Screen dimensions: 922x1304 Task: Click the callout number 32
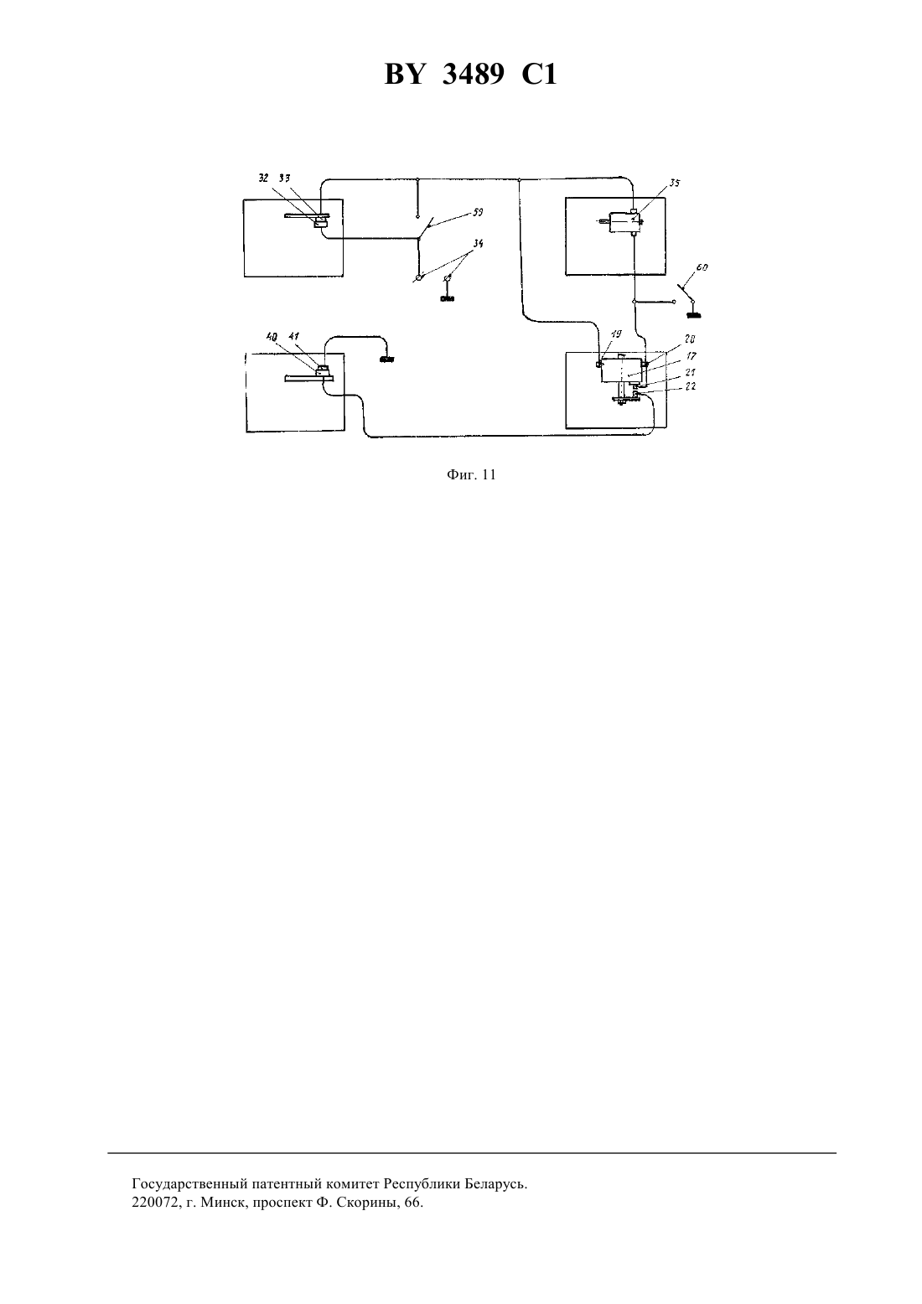tap(264, 179)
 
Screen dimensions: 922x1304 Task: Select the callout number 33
tap(285, 179)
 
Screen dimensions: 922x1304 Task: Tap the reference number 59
tap(478, 213)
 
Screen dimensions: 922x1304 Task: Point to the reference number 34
tap(478, 243)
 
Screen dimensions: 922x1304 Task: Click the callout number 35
tap(675, 183)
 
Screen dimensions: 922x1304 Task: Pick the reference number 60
tap(702, 267)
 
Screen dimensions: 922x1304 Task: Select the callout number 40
tap(272, 336)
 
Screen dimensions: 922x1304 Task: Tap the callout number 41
tap(294, 336)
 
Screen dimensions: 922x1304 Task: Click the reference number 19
tap(616, 334)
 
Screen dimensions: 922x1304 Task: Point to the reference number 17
tap(691, 355)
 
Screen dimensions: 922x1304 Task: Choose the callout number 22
tap(691, 386)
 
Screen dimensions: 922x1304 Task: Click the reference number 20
tap(691, 339)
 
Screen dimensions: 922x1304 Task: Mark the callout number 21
tap(691, 371)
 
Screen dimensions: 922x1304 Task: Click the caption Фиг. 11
tap(471, 474)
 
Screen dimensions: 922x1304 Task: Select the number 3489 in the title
tap(474, 75)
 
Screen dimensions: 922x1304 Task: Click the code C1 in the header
tap(540, 75)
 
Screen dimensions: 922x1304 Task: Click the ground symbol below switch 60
tap(693, 315)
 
